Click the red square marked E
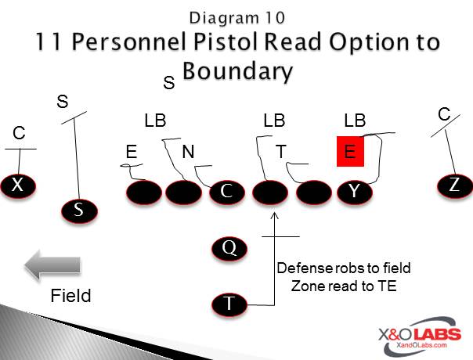[350, 152]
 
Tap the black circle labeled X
[17, 185]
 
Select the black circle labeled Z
[455, 185]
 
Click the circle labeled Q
[229, 248]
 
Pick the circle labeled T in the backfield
[229, 303]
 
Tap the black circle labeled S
[79, 210]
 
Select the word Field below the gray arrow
[70, 296]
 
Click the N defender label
[188, 152]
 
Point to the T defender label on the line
[281, 152]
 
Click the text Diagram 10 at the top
[236, 15]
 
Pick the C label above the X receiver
[19, 134]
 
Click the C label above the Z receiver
[444, 115]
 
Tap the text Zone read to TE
[344, 286]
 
